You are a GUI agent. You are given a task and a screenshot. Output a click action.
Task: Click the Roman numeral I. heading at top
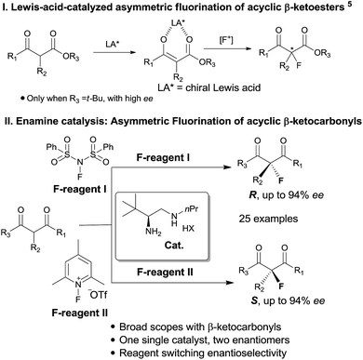7,9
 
